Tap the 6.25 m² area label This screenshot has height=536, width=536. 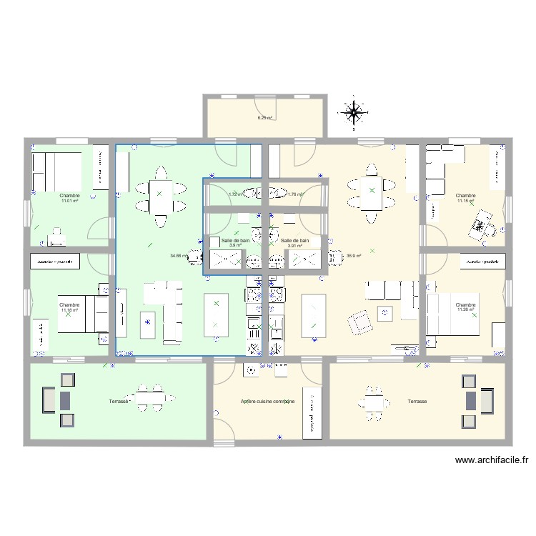[x=264, y=118]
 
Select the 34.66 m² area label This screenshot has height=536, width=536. [x=178, y=256]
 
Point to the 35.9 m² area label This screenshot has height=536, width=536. [x=353, y=256]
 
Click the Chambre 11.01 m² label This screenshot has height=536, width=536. [x=69, y=198]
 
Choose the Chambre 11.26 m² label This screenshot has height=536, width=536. [x=465, y=307]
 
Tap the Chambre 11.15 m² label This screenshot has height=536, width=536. [x=465, y=198]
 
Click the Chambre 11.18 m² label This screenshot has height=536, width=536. [x=69, y=307]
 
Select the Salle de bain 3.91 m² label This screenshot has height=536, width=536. [x=294, y=243]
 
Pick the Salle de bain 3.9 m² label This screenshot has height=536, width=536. [x=235, y=243]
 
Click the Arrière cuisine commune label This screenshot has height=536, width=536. [x=267, y=402]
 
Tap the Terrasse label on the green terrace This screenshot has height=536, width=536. [x=119, y=402]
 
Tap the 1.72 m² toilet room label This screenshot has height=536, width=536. [x=235, y=194]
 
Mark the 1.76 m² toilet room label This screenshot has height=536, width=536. [x=294, y=194]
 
